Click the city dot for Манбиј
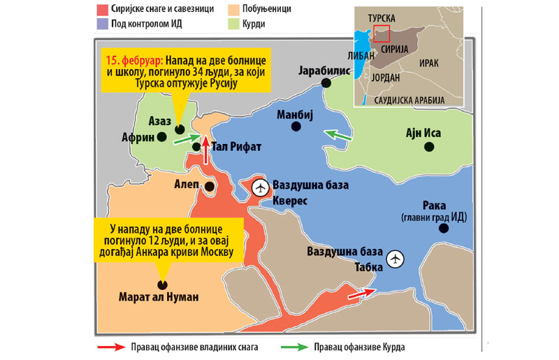(x=296, y=127)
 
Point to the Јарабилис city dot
(x=326, y=83)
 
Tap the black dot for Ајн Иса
(x=430, y=146)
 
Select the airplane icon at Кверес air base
(x=261, y=187)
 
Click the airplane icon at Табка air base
(x=397, y=259)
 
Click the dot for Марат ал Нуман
(x=161, y=285)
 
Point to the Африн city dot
(x=161, y=138)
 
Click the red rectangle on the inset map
(x=382, y=34)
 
